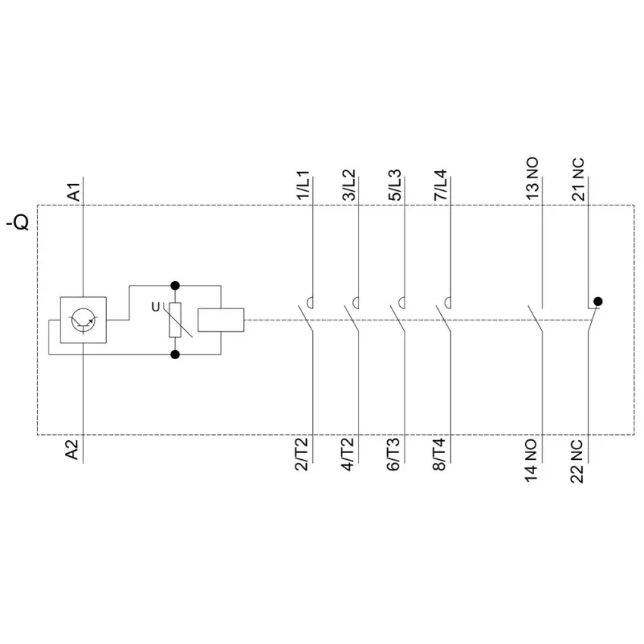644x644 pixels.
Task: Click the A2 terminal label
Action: click(72, 450)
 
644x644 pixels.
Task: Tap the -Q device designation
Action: click(17, 222)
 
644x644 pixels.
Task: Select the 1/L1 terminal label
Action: click(303, 186)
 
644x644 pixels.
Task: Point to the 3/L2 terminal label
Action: click(349, 185)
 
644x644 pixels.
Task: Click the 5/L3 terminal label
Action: click(395, 185)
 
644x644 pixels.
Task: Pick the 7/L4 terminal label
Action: click(441, 185)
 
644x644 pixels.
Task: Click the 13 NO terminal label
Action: click(533, 179)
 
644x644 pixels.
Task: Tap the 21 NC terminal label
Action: click(578, 180)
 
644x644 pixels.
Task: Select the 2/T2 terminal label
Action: click(302, 455)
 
